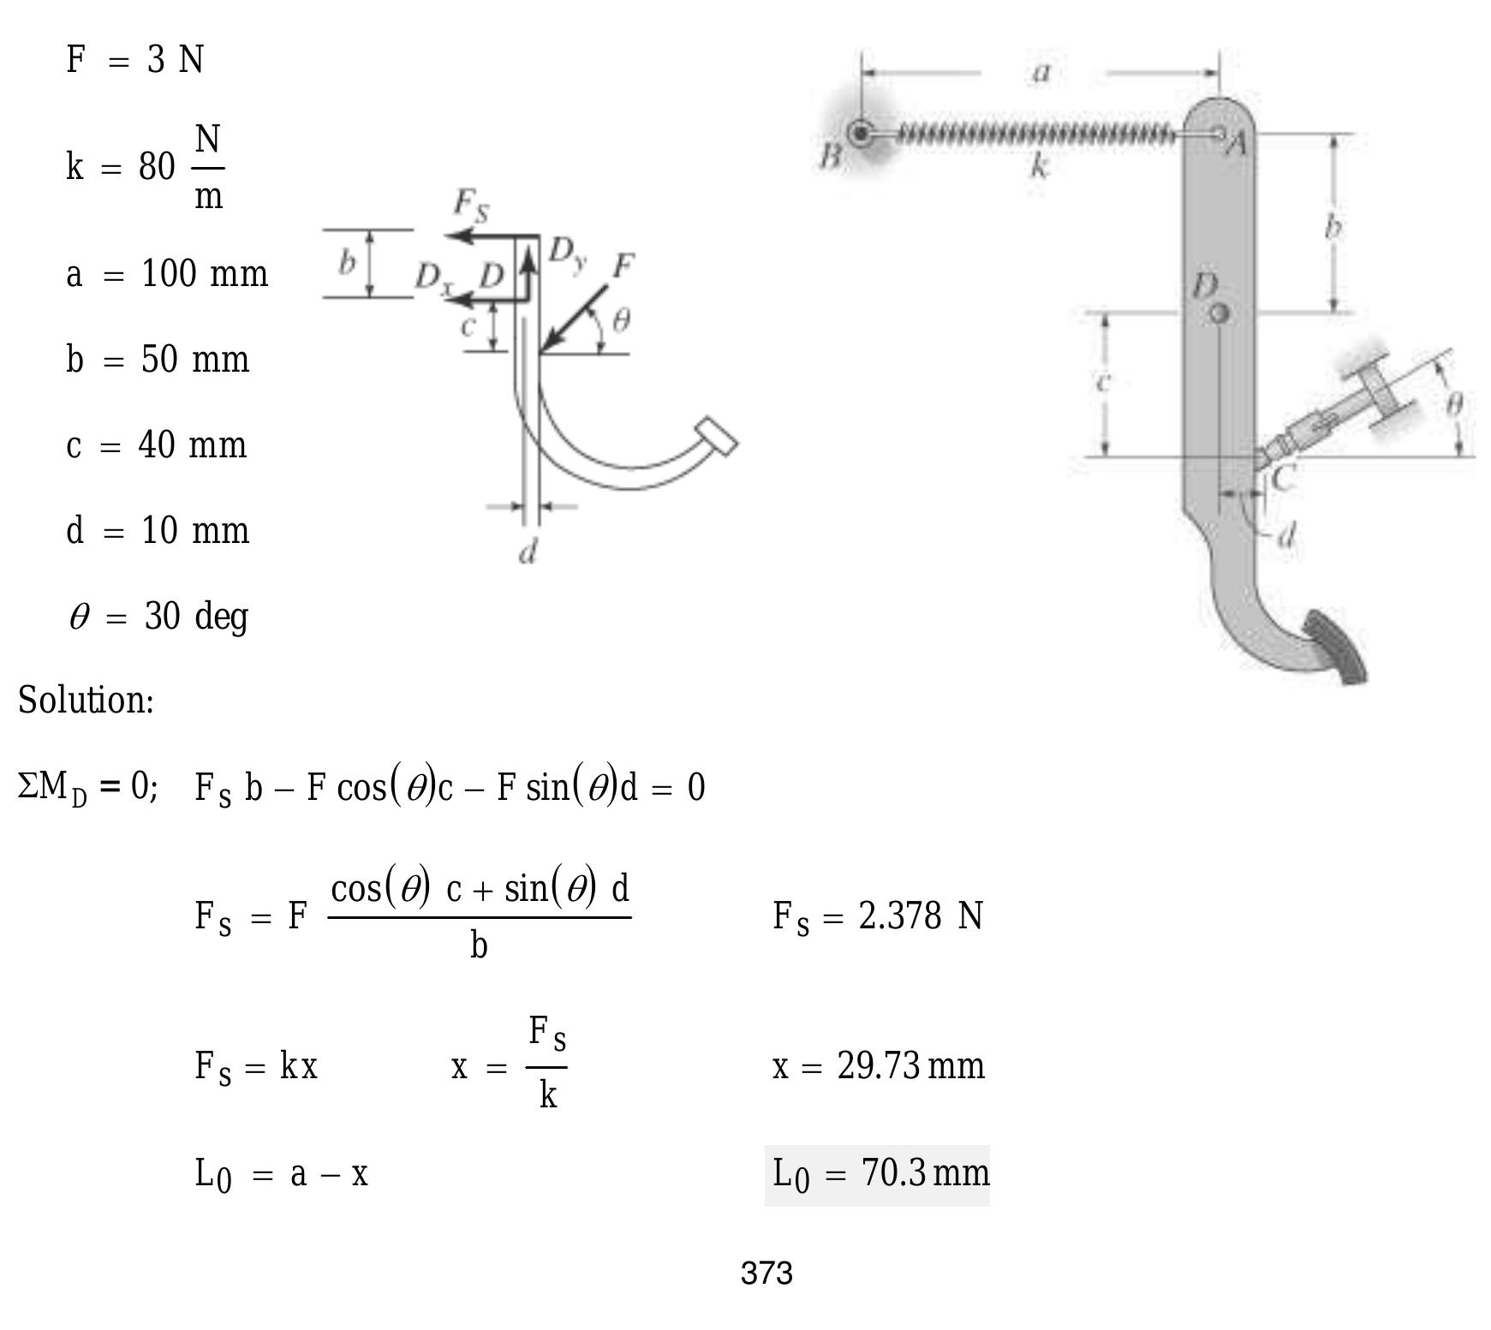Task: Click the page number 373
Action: [766, 1273]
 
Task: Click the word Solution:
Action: [86, 701]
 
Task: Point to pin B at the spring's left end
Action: [860, 134]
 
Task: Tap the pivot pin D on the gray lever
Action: [1220, 313]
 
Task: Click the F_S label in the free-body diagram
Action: [470, 203]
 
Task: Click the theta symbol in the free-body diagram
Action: [622, 320]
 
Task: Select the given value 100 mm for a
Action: [204, 274]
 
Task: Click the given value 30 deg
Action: [196, 617]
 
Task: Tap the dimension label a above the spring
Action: [1041, 73]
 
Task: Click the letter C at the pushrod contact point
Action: [1282, 478]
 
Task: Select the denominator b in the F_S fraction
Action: [479, 945]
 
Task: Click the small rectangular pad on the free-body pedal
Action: [718, 437]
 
